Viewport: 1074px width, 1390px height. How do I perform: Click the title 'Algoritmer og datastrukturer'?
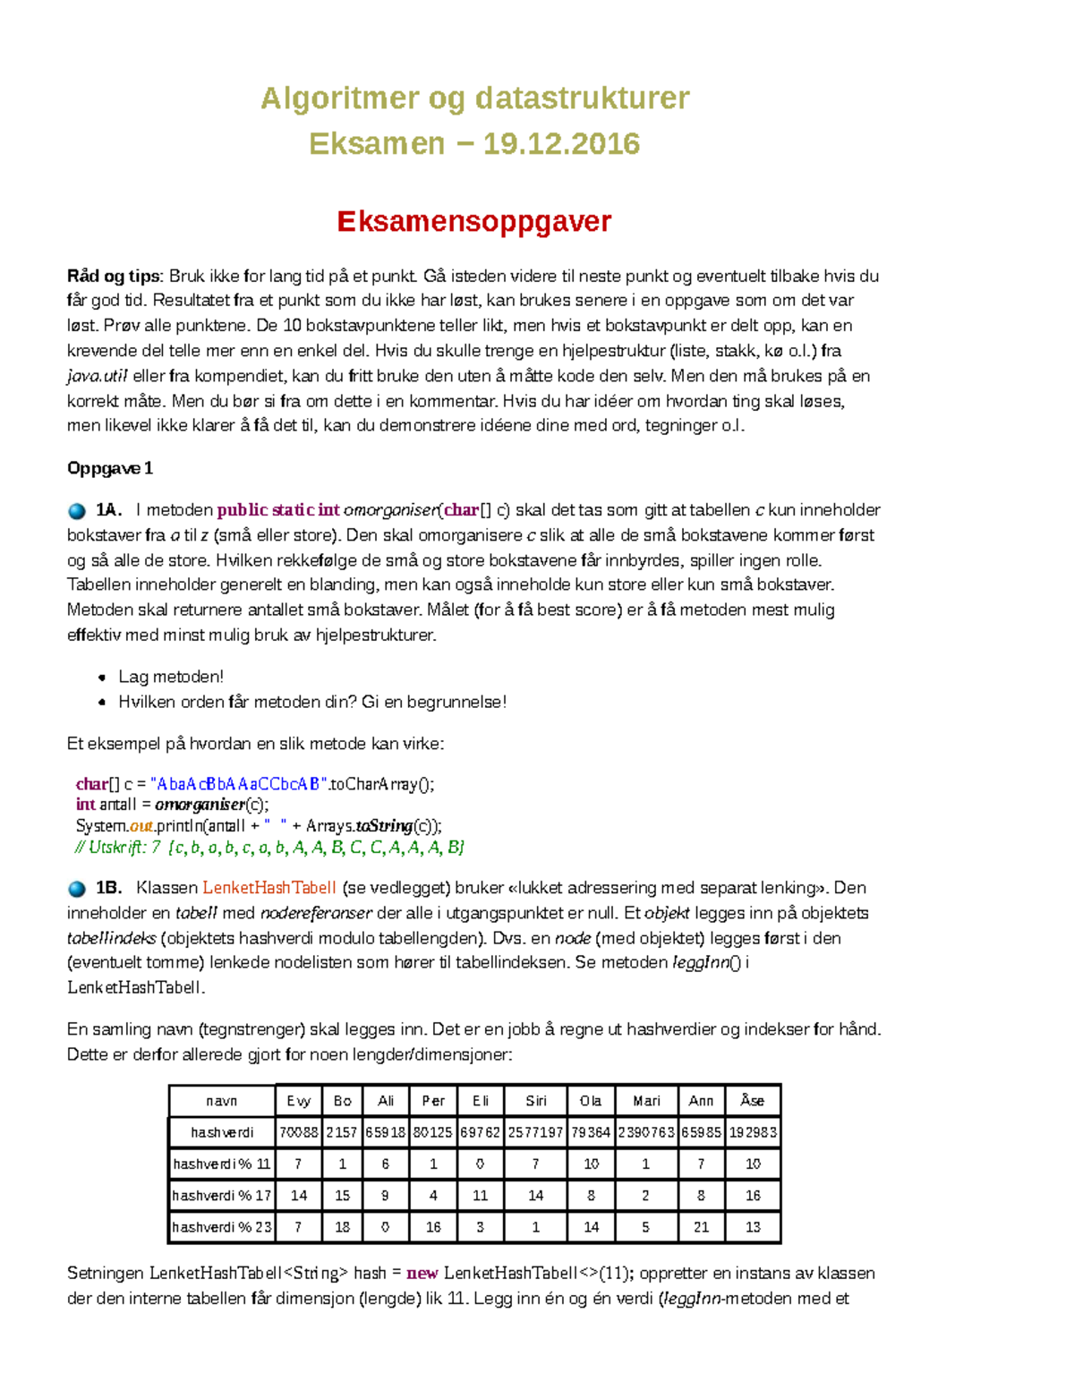tap(474, 98)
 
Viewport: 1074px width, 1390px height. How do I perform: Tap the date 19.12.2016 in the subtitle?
tap(561, 143)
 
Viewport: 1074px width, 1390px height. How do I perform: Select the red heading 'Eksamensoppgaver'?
tap(473, 221)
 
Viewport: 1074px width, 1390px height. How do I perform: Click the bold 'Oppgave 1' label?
tap(110, 468)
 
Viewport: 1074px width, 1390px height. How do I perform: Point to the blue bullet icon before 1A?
tap(77, 511)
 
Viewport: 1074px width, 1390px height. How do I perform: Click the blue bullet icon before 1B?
tap(77, 889)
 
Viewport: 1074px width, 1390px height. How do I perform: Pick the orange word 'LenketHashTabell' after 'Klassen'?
tap(269, 888)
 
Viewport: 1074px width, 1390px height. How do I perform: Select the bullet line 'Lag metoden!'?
tap(171, 677)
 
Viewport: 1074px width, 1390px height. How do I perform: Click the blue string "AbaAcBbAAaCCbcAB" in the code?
tap(237, 784)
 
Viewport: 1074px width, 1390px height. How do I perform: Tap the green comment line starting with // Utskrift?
tap(269, 847)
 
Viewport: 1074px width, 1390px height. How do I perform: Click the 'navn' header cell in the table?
tap(222, 1101)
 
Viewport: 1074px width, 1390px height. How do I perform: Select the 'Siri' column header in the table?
tap(535, 1101)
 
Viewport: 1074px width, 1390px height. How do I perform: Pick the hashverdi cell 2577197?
tap(535, 1132)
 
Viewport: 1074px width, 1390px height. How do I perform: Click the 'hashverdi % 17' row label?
tap(221, 1196)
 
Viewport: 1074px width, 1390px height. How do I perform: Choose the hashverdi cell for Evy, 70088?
tap(298, 1132)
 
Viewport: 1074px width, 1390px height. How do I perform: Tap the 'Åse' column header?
tap(752, 1101)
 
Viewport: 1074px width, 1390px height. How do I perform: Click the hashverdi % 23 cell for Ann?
tap(701, 1227)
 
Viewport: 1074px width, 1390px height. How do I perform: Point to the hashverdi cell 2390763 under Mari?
tap(645, 1132)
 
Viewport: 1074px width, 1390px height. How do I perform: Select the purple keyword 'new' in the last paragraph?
tap(422, 1273)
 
